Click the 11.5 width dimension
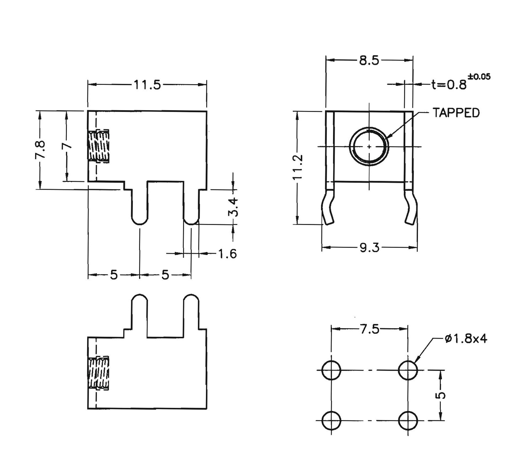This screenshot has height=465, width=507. pos(147,85)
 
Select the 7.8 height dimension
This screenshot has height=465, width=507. pos(40,150)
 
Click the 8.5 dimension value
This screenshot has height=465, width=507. pos(369,60)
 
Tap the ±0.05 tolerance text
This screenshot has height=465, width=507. pos(479,77)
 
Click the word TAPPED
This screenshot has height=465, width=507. pos(456,113)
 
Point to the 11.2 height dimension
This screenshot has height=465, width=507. pos(298,167)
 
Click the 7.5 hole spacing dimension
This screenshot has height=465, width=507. pos(369,329)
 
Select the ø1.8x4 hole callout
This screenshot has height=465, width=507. pos(465,339)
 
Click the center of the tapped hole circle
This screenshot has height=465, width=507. pos(369,146)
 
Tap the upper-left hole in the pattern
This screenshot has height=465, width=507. pos(331,370)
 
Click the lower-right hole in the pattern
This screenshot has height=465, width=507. pos(408,421)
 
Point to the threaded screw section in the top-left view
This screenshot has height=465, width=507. pos(99,146)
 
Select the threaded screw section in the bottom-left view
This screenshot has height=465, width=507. pos(99,373)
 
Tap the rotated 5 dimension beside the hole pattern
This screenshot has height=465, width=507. pos(441,395)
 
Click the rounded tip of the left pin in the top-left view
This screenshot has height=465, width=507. pos(139,221)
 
